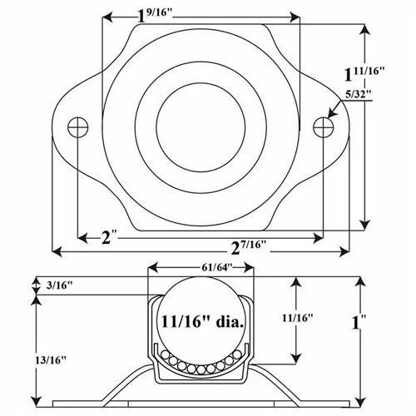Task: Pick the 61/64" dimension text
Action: click(215, 266)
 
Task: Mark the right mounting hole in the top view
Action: click(323, 126)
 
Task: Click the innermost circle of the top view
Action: click(200, 121)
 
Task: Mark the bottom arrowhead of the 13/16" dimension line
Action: click(37, 400)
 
